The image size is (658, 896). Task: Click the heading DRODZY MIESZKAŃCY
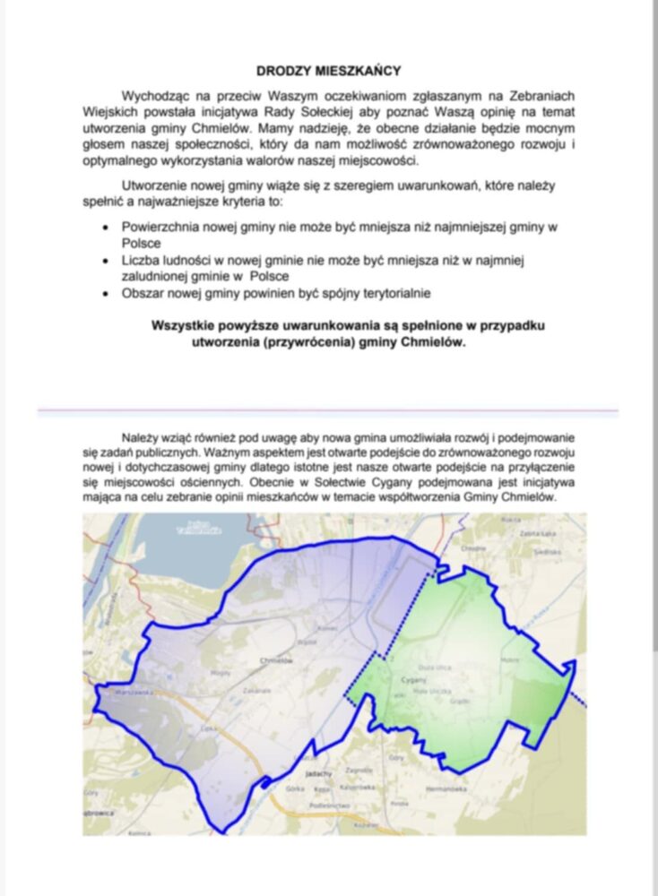[328, 70]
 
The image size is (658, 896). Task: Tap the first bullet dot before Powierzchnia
[108, 228]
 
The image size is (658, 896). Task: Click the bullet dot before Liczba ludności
[108, 261]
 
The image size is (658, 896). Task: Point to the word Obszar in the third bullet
[143, 293]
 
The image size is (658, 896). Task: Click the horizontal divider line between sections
[328, 412]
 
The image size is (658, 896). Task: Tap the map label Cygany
[413, 679]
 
